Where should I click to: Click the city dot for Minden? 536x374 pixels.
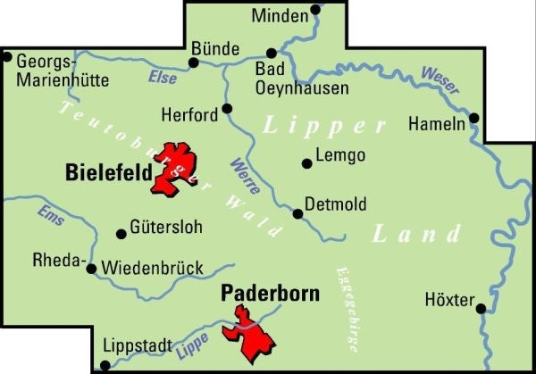[314, 11]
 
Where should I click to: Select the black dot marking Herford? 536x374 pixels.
[227, 108]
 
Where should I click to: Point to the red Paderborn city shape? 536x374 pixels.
[252, 331]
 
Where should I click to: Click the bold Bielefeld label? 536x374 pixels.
[108, 173]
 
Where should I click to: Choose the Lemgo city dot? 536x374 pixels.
[306, 162]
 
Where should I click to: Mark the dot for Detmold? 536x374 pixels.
[297, 213]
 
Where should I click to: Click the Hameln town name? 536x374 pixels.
[436, 125]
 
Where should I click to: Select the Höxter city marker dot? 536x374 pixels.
[481, 309]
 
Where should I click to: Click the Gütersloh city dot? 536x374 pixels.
[121, 234]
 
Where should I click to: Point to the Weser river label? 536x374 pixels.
[440, 80]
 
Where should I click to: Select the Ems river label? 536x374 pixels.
[50, 214]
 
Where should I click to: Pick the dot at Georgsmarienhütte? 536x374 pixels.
[7, 58]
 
